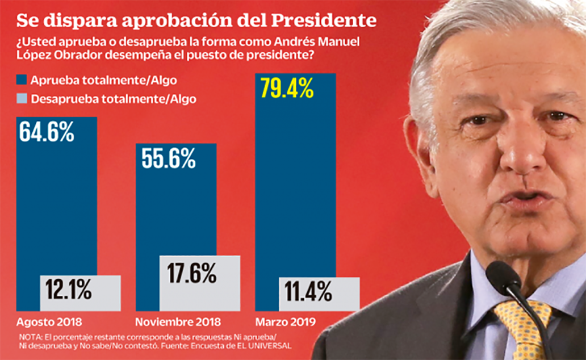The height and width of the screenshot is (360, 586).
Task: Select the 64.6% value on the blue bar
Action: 47,132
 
